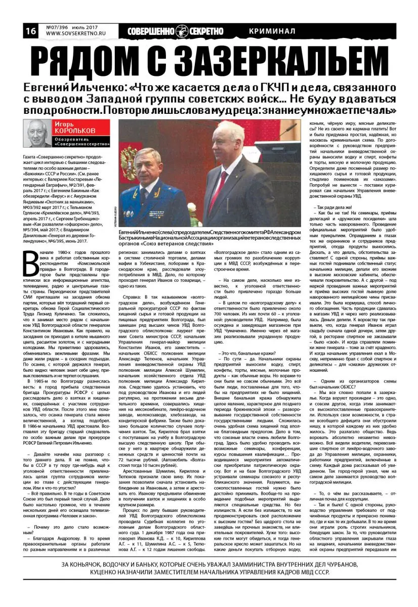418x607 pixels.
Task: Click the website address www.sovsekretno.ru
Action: pyautogui.click(x=70, y=34)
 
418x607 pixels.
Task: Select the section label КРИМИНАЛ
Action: pyautogui.click(x=272, y=31)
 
